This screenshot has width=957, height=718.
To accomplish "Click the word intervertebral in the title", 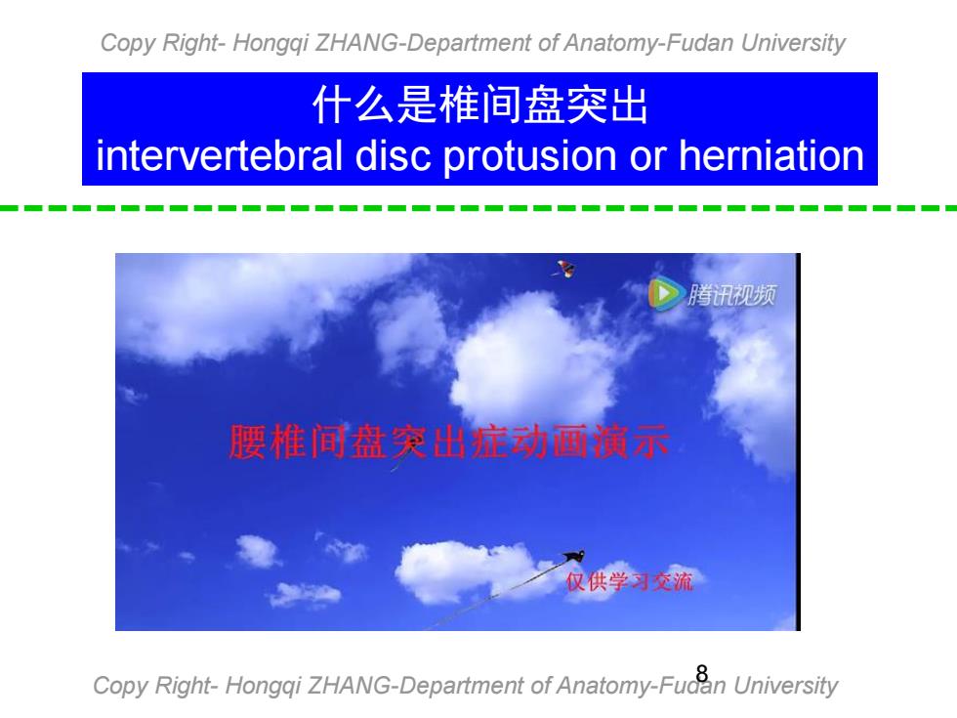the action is pyautogui.click(x=219, y=155).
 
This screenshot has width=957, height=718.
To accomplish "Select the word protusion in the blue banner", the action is pyautogui.click(x=529, y=156).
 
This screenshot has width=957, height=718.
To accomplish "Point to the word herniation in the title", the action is pyautogui.click(x=771, y=155).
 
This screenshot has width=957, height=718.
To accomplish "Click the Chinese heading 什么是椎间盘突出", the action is pyautogui.click(x=479, y=106).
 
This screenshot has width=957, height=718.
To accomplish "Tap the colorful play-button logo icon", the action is pyautogui.click(x=665, y=294).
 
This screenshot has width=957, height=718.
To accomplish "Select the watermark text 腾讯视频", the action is pyautogui.click(x=731, y=295).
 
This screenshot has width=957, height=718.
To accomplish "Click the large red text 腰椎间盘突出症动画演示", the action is pyautogui.click(x=449, y=442).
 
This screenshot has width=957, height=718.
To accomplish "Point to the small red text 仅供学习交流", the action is pyautogui.click(x=629, y=581).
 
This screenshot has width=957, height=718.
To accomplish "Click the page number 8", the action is pyautogui.click(x=702, y=673).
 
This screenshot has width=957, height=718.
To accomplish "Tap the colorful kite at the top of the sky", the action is pyautogui.click(x=565, y=269).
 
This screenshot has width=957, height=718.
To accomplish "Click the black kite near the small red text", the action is pyautogui.click(x=575, y=556).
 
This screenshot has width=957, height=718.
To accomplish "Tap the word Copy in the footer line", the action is pyautogui.click(x=118, y=686).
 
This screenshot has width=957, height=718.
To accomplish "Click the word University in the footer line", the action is pyautogui.click(x=785, y=686).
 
